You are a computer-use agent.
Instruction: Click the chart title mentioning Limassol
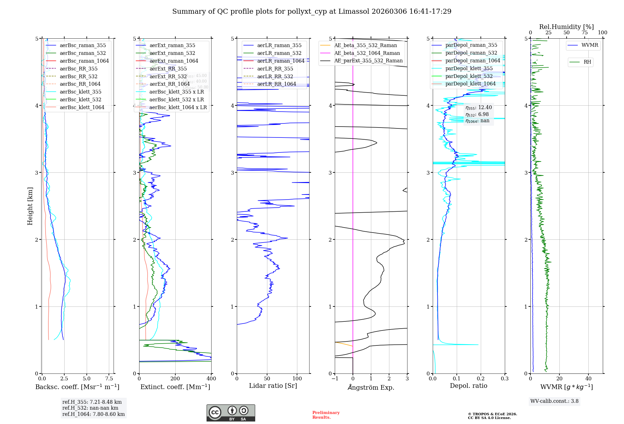[x=312, y=12]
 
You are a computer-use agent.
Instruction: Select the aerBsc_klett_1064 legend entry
[x=82, y=107]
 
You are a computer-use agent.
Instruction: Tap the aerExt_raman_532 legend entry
[x=172, y=53]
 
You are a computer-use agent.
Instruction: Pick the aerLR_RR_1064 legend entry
[x=276, y=84]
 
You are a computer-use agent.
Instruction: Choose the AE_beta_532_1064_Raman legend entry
[x=367, y=53]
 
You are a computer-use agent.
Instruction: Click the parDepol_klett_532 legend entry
[x=469, y=76]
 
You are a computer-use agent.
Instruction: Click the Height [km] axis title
[x=30, y=206]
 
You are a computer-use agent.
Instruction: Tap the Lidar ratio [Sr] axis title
[x=273, y=386]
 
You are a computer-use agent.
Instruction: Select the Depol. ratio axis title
[x=468, y=386]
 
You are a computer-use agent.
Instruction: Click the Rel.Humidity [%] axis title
[x=566, y=27]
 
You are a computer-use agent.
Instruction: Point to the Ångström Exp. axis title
[x=371, y=387]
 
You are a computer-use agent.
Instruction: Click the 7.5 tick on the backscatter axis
[x=109, y=379]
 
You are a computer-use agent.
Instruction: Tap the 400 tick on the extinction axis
[x=211, y=379]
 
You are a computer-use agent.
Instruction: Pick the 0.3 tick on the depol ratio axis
[x=505, y=379]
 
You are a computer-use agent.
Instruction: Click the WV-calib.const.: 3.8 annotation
[x=554, y=401]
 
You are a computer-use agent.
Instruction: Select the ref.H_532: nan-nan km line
[x=90, y=408]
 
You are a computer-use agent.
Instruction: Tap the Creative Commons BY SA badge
[x=231, y=413]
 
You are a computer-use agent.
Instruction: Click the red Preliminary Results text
[x=326, y=415]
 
